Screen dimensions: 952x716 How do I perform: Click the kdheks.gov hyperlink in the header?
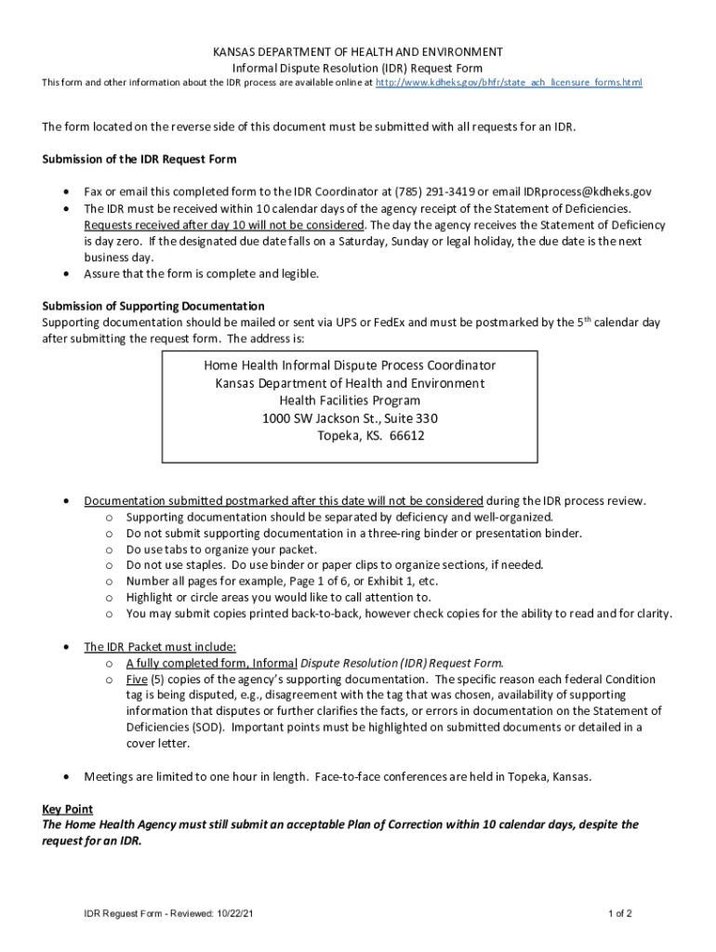509,84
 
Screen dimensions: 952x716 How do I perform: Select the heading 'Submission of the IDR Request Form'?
139,159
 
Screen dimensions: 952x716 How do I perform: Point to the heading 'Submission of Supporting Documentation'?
153,306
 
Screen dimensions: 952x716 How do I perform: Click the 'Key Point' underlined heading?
67,809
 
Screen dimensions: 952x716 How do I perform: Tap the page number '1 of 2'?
620,913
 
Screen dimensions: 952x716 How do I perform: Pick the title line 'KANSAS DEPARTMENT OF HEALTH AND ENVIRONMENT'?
358,52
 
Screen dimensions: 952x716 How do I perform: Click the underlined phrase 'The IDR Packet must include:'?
160,647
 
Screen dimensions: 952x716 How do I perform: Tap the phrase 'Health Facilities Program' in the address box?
350,401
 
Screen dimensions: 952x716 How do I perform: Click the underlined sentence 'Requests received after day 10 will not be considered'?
223,225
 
